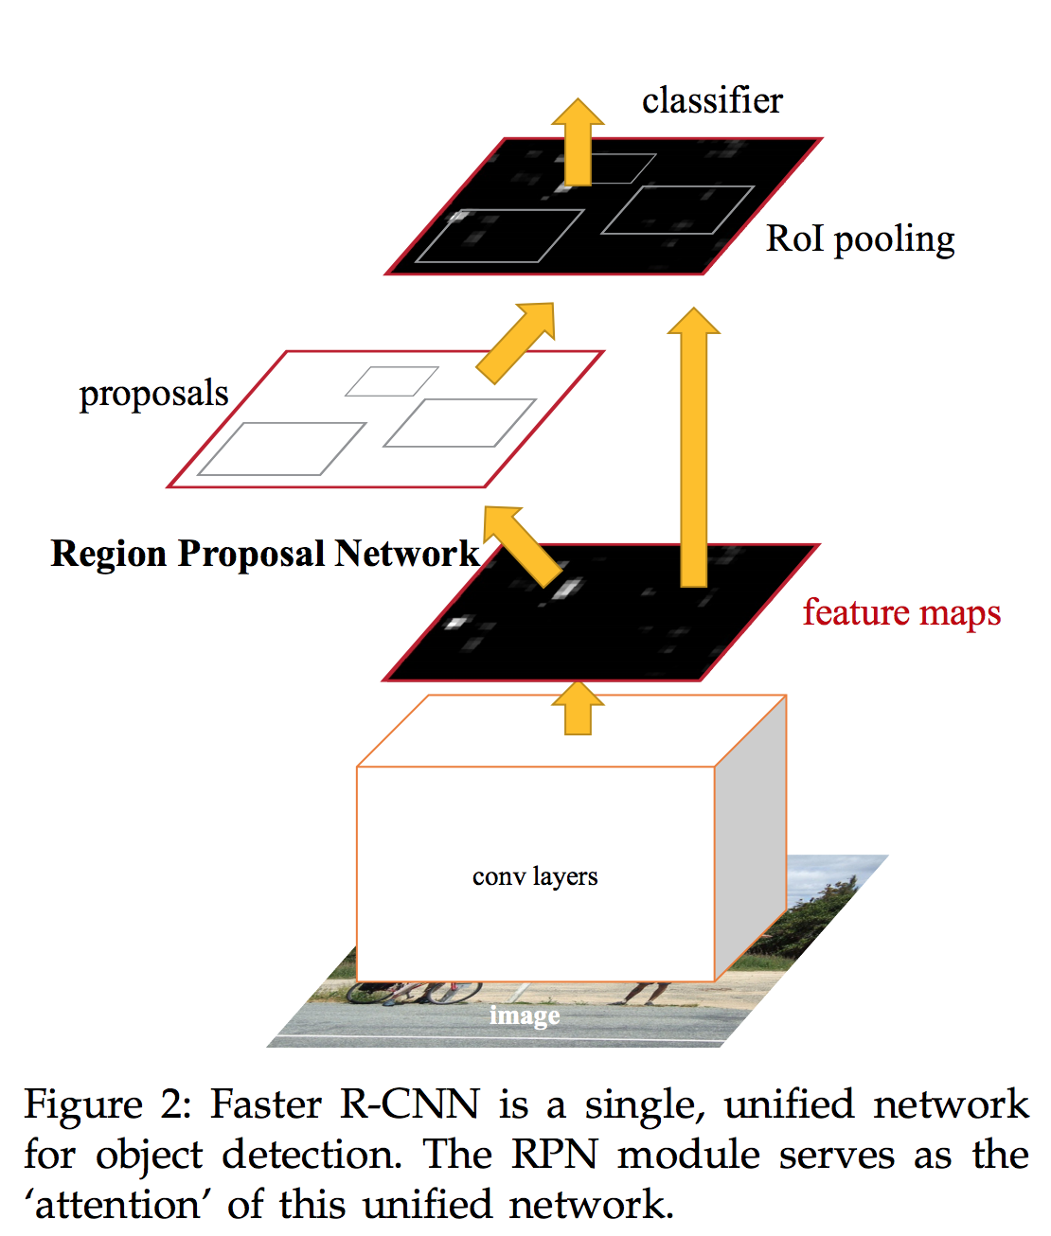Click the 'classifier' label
pos(712,100)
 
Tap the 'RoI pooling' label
pos(860,239)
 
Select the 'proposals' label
pos(153,394)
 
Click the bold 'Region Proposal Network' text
pos(265,554)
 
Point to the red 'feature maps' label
pos(901,613)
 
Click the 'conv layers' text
pos(535,876)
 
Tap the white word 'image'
pos(525,1015)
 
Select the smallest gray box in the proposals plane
pos(391,381)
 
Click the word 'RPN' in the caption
pos(555,1156)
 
